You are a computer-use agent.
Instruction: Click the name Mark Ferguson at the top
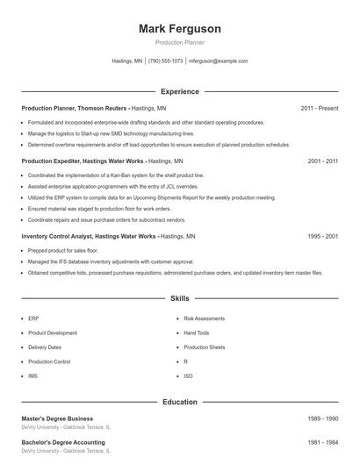(179, 29)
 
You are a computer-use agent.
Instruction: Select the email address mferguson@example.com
(219, 61)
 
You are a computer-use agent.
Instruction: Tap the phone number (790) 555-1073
(165, 61)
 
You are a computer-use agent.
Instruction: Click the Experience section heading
(179, 91)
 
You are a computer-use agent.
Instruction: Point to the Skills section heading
(179, 299)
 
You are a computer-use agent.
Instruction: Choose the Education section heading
(179, 402)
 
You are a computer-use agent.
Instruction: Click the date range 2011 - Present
(319, 108)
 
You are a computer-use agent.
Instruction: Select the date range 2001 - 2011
(323, 162)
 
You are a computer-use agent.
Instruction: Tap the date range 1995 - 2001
(323, 237)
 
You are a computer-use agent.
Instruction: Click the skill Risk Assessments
(205, 319)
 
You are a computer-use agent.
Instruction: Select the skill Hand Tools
(197, 333)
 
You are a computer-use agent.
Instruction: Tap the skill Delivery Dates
(45, 347)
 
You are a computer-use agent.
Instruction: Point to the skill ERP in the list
(32, 319)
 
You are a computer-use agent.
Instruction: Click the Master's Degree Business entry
(57, 418)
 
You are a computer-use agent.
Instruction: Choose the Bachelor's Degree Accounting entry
(63, 442)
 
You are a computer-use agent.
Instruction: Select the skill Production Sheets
(205, 347)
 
